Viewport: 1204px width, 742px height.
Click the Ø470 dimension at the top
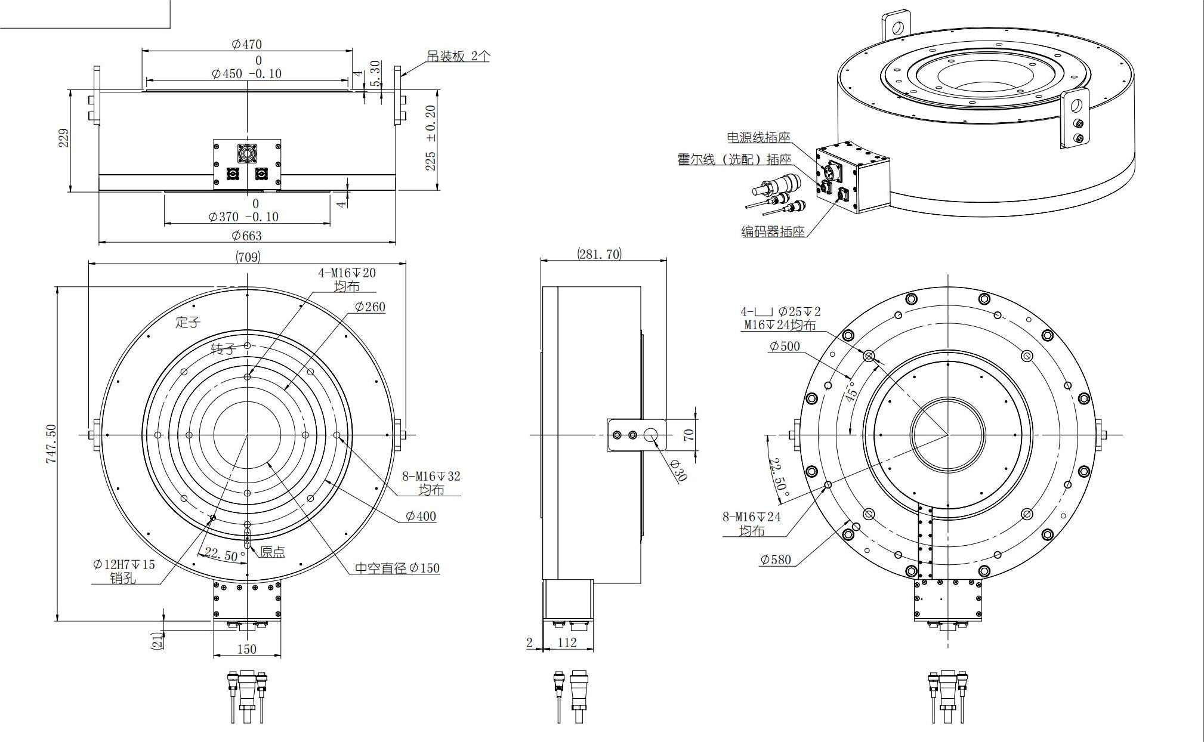[x=246, y=44]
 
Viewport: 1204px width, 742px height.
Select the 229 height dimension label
[x=64, y=138]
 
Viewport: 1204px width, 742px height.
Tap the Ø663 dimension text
[x=246, y=236]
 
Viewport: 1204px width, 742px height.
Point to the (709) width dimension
[x=248, y=257]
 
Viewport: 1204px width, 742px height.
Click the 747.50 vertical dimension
[x=51, y=444]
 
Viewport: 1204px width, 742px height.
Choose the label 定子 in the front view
[x=188, y=323]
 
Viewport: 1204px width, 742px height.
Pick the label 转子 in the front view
[x=223, y=349]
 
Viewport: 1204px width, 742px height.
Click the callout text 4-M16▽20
[x=347, y=273]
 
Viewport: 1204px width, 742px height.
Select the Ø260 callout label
[x=370, y=307]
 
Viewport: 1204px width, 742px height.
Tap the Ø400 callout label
[x=421, y=517]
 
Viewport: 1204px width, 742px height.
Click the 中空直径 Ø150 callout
[x=397, y=568]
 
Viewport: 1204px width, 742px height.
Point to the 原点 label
[x=272, y=552]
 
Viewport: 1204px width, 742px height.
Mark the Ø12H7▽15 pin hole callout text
[x=124, y=564]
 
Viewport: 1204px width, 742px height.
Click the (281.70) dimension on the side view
[x=599, y=254]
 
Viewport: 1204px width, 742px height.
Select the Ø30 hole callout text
[x=679, y=471]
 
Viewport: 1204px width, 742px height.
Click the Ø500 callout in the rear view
[x=785, y=347]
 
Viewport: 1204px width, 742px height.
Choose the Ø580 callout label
[x=776, y=559]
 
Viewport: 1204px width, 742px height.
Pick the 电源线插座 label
[x=758, y=137]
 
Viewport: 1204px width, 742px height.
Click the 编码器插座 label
[x=773, y=232]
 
